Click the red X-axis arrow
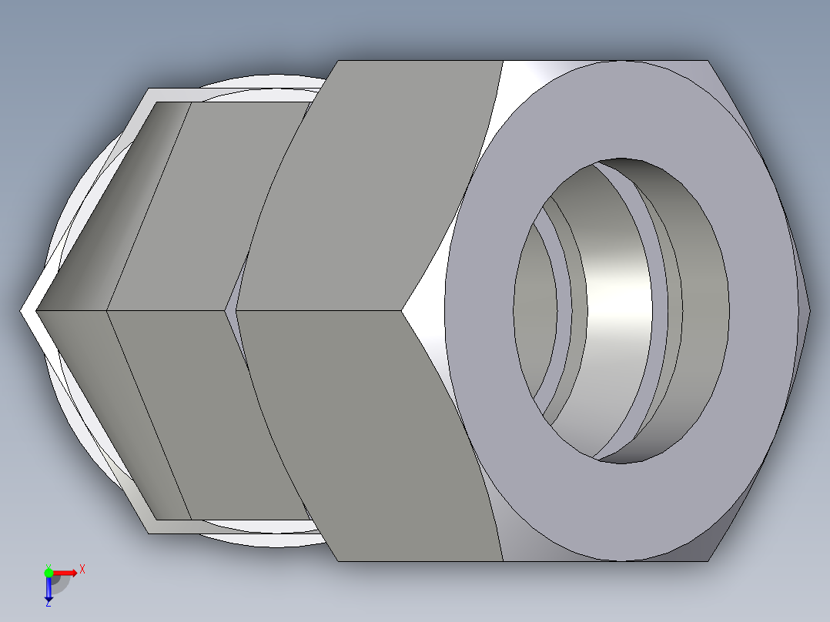(x=67, y=573)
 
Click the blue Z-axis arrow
(x=49, y=590)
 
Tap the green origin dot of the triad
(x=49, y=573)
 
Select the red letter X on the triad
(x=82, y=570)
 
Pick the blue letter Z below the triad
(x=48, y=604)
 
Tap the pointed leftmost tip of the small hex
(x=23, y=311)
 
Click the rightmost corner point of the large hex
(x=809, y=311)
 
